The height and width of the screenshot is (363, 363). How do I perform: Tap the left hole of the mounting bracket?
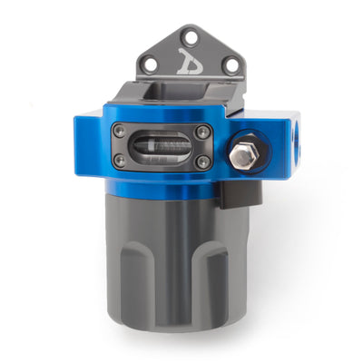[152, 63]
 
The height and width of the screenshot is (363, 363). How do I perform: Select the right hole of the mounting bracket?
[231, 63]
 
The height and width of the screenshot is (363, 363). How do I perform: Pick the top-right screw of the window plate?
[204, 132]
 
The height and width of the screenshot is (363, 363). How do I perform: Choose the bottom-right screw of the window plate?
[203, 162]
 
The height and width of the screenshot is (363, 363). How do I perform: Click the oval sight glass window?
[162, 147]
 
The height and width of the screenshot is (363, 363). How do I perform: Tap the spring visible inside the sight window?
[162, 144]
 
